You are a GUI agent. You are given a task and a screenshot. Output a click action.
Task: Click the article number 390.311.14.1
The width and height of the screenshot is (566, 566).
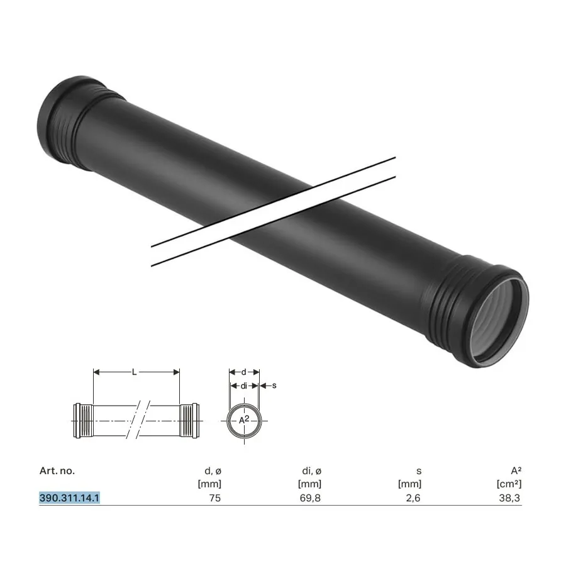pyautogui.click(x=69, y=498)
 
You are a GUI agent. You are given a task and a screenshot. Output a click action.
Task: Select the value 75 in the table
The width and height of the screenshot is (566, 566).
pyautogui.click(x=215, y=498)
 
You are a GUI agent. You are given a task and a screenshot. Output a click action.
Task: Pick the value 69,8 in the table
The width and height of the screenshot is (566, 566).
pyautogui.click(x=310, y=498)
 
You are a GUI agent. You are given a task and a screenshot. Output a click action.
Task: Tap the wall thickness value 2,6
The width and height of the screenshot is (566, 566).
pyautogui.click(x=413, y=498)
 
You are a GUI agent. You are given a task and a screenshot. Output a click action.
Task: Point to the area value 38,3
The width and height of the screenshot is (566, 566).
pyautogui.click(x=509, y=498)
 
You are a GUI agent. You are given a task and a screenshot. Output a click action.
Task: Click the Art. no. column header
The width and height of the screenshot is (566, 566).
pyautogui.click(x=57, y=470)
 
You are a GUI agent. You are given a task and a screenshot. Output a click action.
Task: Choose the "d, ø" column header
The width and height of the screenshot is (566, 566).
pyautogui.click(x=213, y=470)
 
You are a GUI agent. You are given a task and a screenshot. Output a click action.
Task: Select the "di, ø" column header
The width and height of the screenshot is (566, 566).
pyautogui.click(x=311, y=470)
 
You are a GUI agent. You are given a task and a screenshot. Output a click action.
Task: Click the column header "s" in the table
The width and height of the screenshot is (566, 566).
pyautogui.click(x=419, y=472)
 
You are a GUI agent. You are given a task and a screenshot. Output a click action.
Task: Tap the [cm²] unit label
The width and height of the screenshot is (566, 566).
pyautogui.click(x=509, y=484)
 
